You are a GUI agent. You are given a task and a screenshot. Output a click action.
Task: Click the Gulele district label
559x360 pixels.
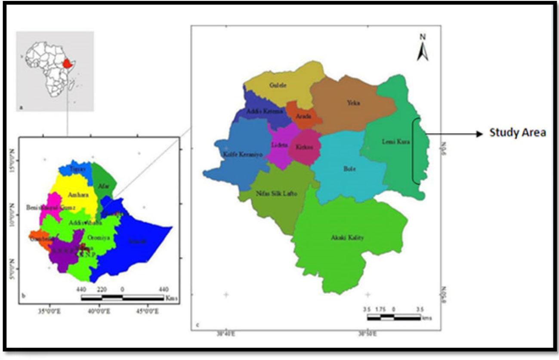click(278, 85)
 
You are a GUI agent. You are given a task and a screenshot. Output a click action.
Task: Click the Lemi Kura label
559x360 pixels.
click(395, 141)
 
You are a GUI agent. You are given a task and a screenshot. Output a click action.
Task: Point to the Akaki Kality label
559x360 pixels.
click(344, 237)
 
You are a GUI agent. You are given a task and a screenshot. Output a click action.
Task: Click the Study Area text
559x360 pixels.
click(518, 133)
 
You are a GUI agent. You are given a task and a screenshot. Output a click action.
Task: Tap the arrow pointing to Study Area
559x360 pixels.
click(456, 134)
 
